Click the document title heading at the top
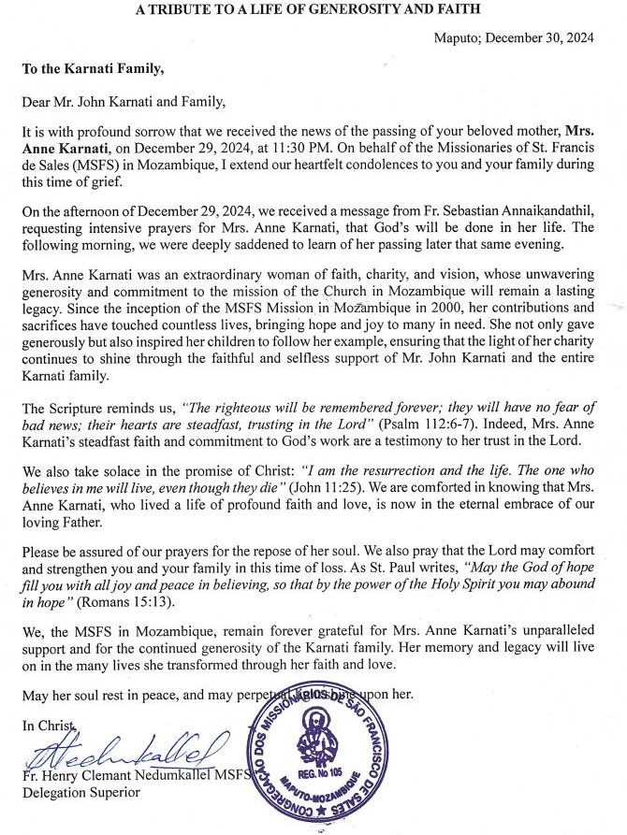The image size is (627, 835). (x=313, y=10)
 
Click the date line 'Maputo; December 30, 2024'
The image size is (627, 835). (x=527, y=37)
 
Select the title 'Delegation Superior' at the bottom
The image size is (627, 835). (x=83, y=792)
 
